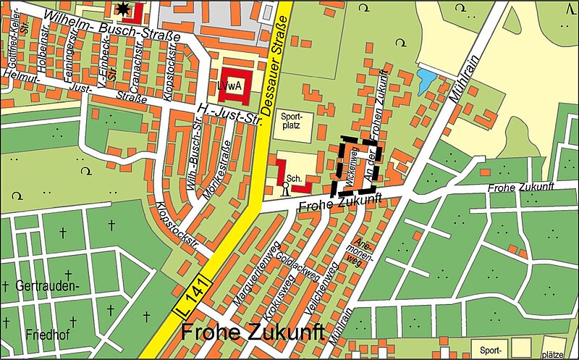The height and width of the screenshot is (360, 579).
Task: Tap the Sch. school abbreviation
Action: pos(294,178)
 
